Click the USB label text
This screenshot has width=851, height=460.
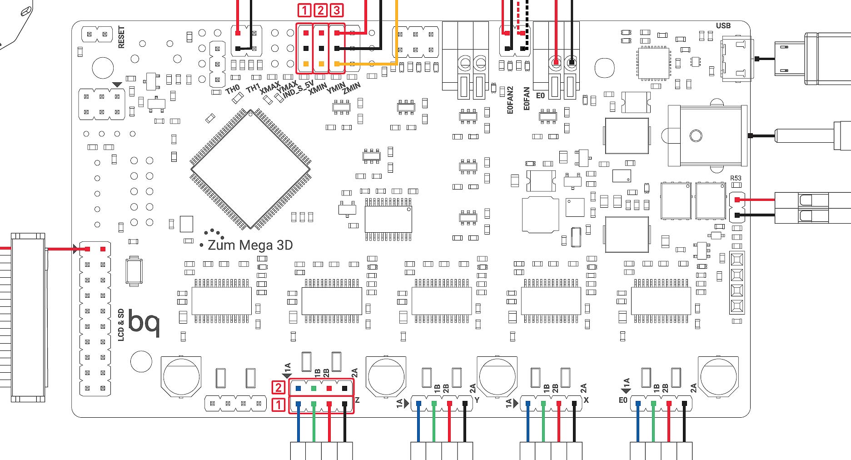[x=723, y=25]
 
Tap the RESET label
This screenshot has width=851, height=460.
[x=121, y=37]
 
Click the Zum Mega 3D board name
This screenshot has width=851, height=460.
[x=250, y=245]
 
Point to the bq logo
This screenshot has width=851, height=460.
[x=144, y=322]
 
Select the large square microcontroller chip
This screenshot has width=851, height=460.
[x=250, y=169]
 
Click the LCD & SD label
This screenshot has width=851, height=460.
[x=121, y=325]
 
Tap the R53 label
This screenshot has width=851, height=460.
[x=736, y=178]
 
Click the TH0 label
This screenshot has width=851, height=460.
[x=232, y=90]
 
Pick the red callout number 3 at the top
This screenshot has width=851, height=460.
[x=337, y=10]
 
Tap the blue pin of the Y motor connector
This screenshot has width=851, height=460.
[x=418, y=404]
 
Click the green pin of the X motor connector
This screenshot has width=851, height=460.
[x=543, y=404]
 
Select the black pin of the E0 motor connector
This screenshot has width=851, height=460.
[x=684, y=404]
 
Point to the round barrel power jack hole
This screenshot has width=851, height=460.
[x=696, y=135]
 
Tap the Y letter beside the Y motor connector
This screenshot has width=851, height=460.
[x=477, y=400]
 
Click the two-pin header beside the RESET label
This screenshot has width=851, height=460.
[x=97, y=34]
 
